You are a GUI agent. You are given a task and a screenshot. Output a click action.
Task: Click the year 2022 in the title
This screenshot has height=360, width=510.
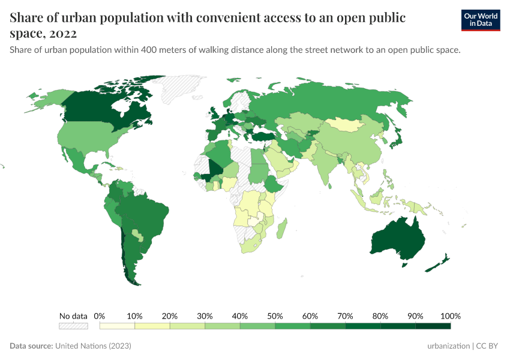point(59,34)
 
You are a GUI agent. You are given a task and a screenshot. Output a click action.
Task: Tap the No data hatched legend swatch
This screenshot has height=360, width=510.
point(73,326)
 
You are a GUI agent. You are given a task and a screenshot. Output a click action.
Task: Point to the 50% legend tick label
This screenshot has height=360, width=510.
point(275,316)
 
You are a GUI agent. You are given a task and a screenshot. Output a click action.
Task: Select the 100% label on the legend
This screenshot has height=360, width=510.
point(450,316)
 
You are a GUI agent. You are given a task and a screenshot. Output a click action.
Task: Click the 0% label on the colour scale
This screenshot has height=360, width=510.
point(100,316)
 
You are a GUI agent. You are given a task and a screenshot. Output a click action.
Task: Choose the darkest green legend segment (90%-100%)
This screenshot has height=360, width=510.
point(433,326)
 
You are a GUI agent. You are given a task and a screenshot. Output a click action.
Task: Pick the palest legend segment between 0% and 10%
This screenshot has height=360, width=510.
point(117,326)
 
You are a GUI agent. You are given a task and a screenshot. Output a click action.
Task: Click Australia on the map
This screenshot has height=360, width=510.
point(397,240)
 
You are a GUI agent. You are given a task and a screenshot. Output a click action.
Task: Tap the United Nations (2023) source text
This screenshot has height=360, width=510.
point(93,346)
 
